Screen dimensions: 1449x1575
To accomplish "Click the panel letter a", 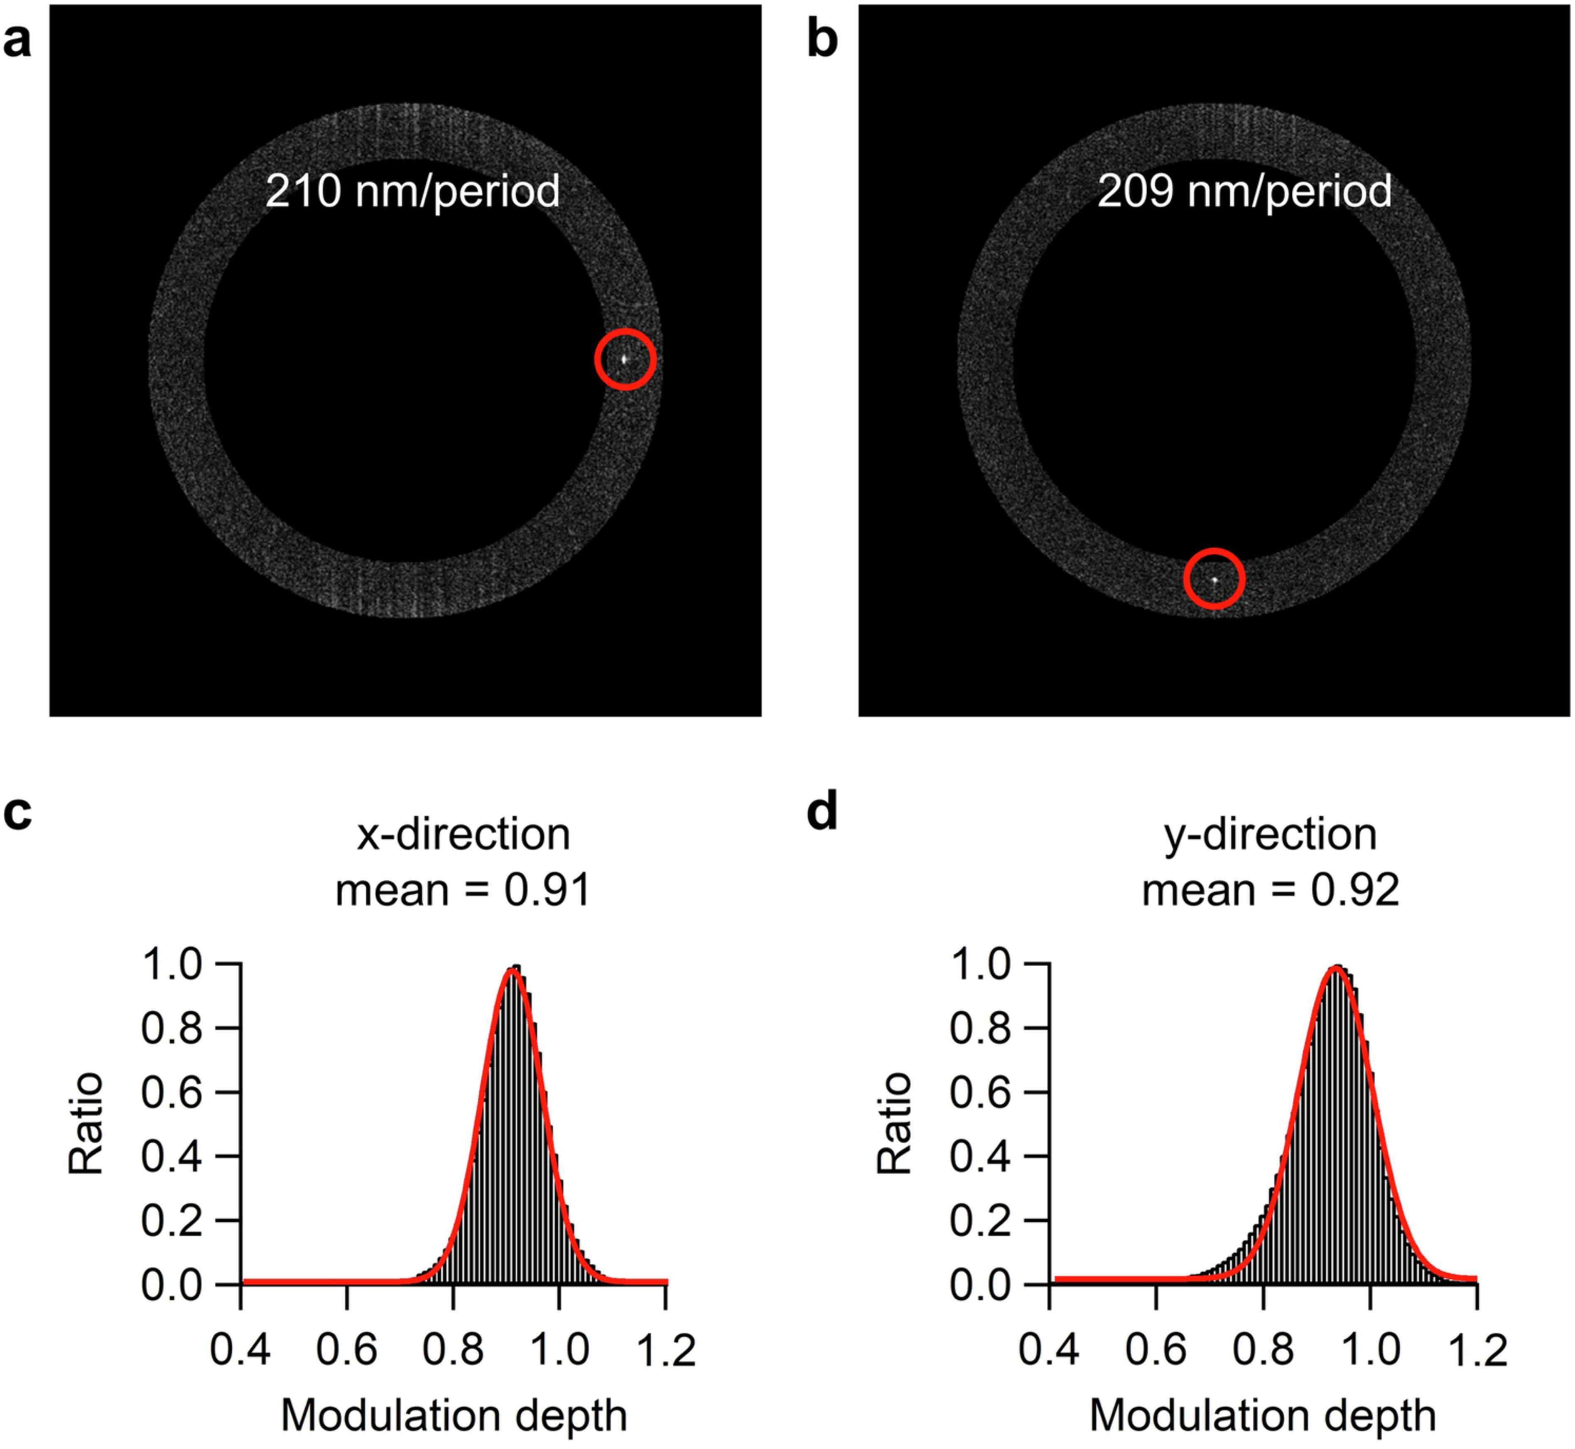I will (x=17, y=41).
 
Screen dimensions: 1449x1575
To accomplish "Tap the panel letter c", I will (x=17, y=813).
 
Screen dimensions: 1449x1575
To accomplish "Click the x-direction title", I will (x=464, y=834).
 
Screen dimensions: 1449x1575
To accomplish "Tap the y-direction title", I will (x=1270, y=834).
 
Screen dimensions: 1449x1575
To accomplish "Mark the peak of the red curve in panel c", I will (x=512, y=970).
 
